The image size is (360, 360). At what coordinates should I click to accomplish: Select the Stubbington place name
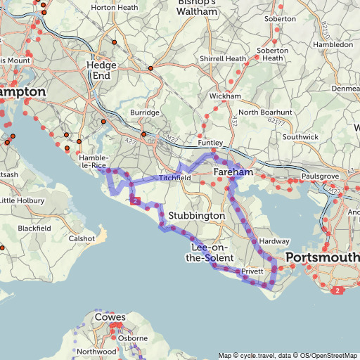(x=196, y=214)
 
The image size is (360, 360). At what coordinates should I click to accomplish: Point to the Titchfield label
(x=174, y=178)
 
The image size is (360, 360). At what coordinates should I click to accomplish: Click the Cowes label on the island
(x=110, y=317)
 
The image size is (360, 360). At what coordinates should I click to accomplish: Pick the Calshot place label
(x=82, y=238)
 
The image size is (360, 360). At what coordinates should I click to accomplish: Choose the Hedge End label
(x=101, y=70)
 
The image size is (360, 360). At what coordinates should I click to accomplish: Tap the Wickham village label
(x=225, y=96)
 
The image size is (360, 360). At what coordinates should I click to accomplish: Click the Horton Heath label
(x=114, y=8)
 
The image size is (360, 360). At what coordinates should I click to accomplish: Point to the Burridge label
(x=145, y=112)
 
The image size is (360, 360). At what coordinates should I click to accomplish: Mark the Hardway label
(x=274, y=241)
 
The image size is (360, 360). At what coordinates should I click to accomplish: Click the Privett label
(x=252, y=271)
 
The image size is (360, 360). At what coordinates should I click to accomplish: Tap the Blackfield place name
(x=34, y=229)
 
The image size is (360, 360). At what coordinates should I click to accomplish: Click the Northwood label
(x=96, y=351)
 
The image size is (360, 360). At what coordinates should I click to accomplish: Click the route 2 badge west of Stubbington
(x=134, y=202)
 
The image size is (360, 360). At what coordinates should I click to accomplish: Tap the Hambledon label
(x=333, y=44)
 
